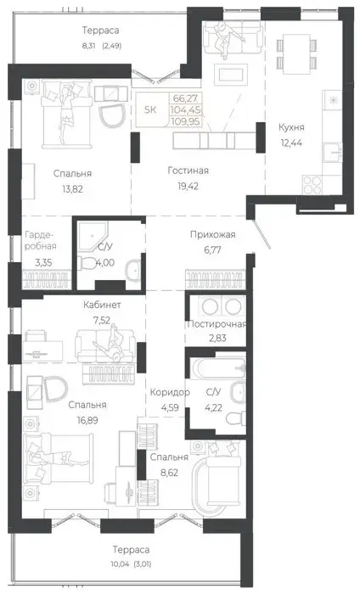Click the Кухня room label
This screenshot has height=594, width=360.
click(291, 127)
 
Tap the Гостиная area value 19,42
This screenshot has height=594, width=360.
click(187, 186)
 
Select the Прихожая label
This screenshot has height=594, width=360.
click(212, 234)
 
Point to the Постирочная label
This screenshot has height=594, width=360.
click(217, 324)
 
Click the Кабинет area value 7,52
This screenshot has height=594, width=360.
click(102, 320)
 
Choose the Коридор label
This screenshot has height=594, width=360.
click(170, 392)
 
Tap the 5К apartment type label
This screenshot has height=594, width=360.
click(150, 109)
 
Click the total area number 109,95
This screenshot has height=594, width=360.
click(187, 122)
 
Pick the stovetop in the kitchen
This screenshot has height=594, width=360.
click(312, 185)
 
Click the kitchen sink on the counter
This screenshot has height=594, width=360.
click(332, 153)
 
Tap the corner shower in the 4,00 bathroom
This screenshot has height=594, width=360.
click(93, 237)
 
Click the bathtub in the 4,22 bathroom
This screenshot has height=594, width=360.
click(219, 367)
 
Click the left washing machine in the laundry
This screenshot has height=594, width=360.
click(210, 306)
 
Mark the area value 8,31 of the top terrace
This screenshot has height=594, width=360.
click(88, 47)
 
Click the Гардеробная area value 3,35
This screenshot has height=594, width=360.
click(43, 262)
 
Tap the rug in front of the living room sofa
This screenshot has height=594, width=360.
click(231, 75)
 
